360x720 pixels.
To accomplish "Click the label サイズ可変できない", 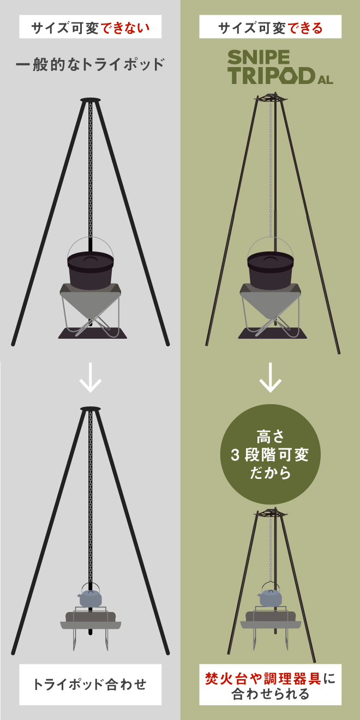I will click(x=91, y=27).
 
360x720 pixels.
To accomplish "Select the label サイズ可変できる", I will click(x=271, y=27).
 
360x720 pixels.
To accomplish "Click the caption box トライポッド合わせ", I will click(x=91, y=684).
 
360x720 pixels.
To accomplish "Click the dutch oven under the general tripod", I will click(x=91, y=270).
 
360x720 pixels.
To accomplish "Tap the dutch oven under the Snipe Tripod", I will click(x=271, y=270).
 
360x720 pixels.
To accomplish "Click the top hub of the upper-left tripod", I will click(x=91, y=100).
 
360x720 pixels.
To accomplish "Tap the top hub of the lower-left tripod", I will click(x=91, y=409).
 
